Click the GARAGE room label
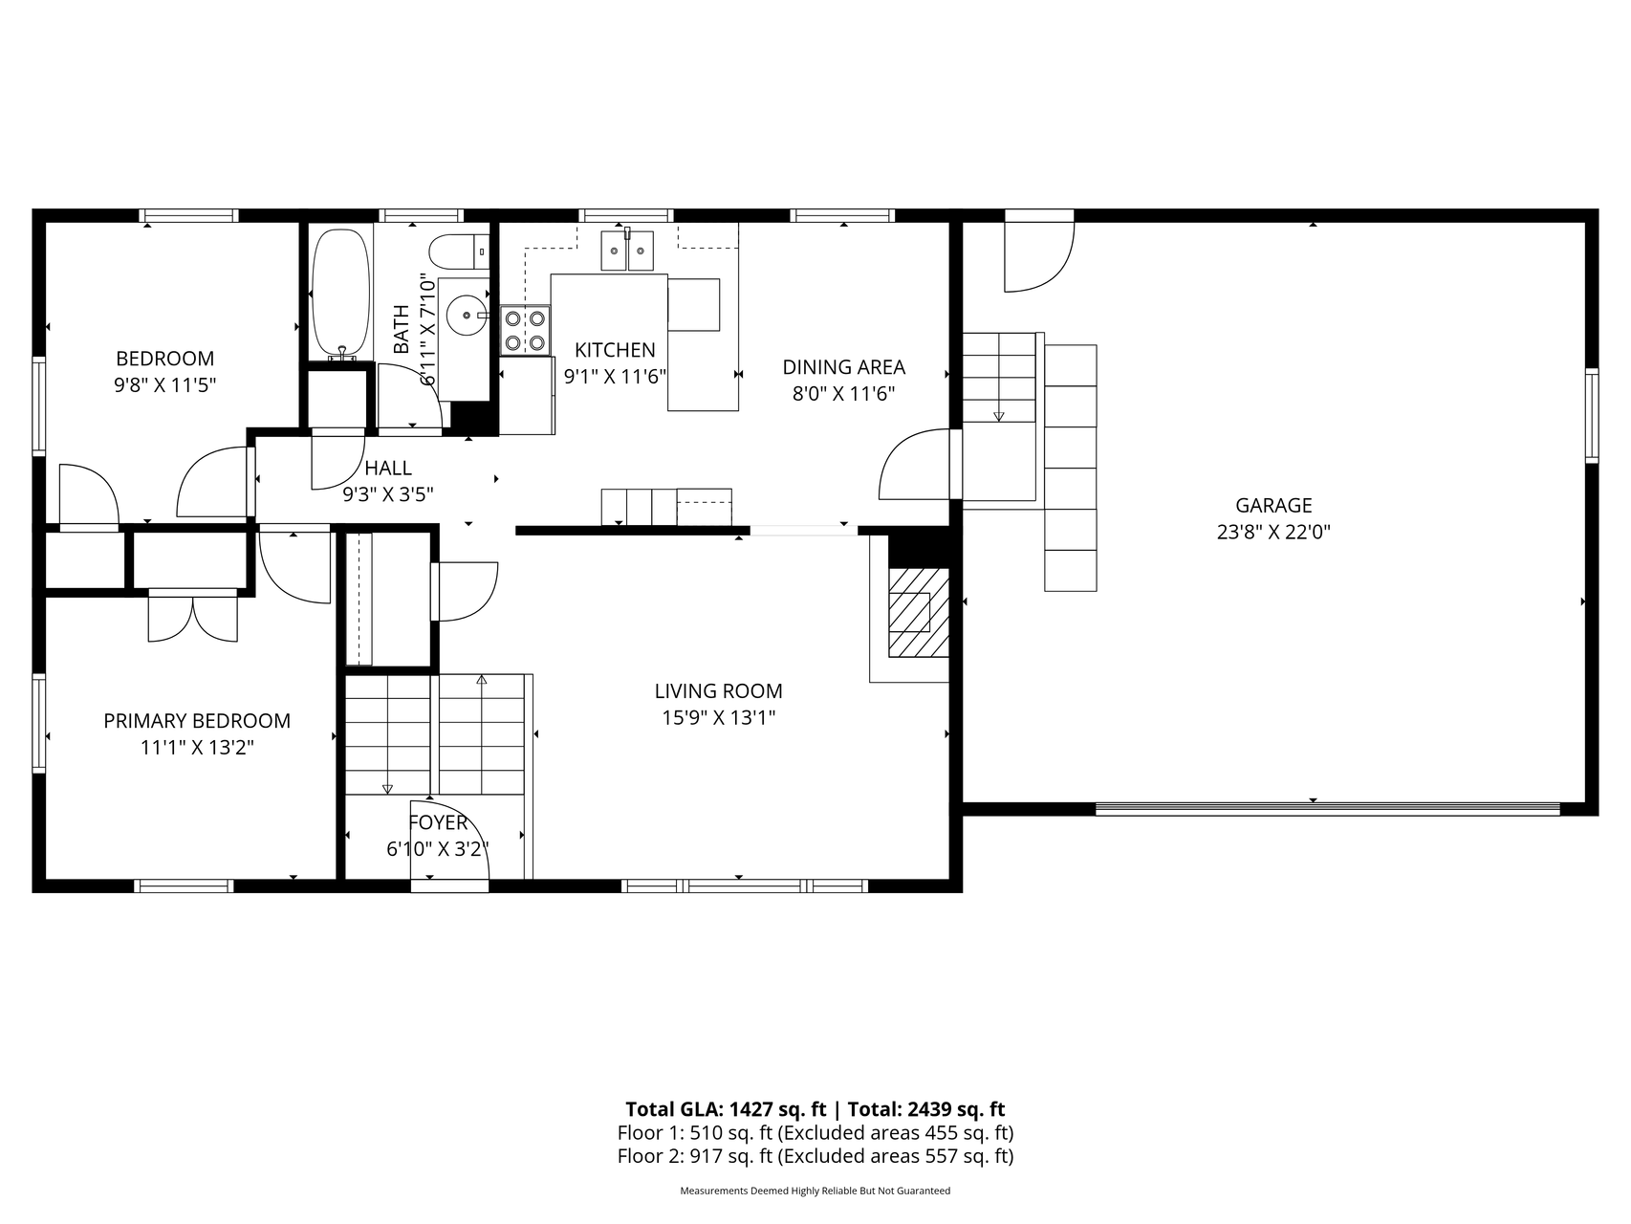click(x=1273, y=505)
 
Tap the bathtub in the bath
click(x=339, y=292)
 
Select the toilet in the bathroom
click(x=459, y=252)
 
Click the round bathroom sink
click(x=468, y=314)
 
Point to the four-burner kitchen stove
click(x=526, y=330)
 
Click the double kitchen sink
click(x=627, y=250)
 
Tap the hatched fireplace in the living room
click(x=919, y=612)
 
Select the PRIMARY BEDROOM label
click(x=197, y=721)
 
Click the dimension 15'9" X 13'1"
click(x=719, y=717)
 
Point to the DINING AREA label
click(x=844, y=367)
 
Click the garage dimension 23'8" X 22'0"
click(x=1273, y=532)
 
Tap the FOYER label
click(x=438, y=822)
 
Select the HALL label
click(x=388, y=468)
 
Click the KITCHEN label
click(x=615, y=350)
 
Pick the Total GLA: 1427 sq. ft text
click(x=726, y=1109)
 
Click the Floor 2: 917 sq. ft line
click(x=815, y=1156)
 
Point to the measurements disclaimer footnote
click(x=815, y=1191)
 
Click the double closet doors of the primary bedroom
click(x=193, y=617)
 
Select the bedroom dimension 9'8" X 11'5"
click(x=165, y=385)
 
